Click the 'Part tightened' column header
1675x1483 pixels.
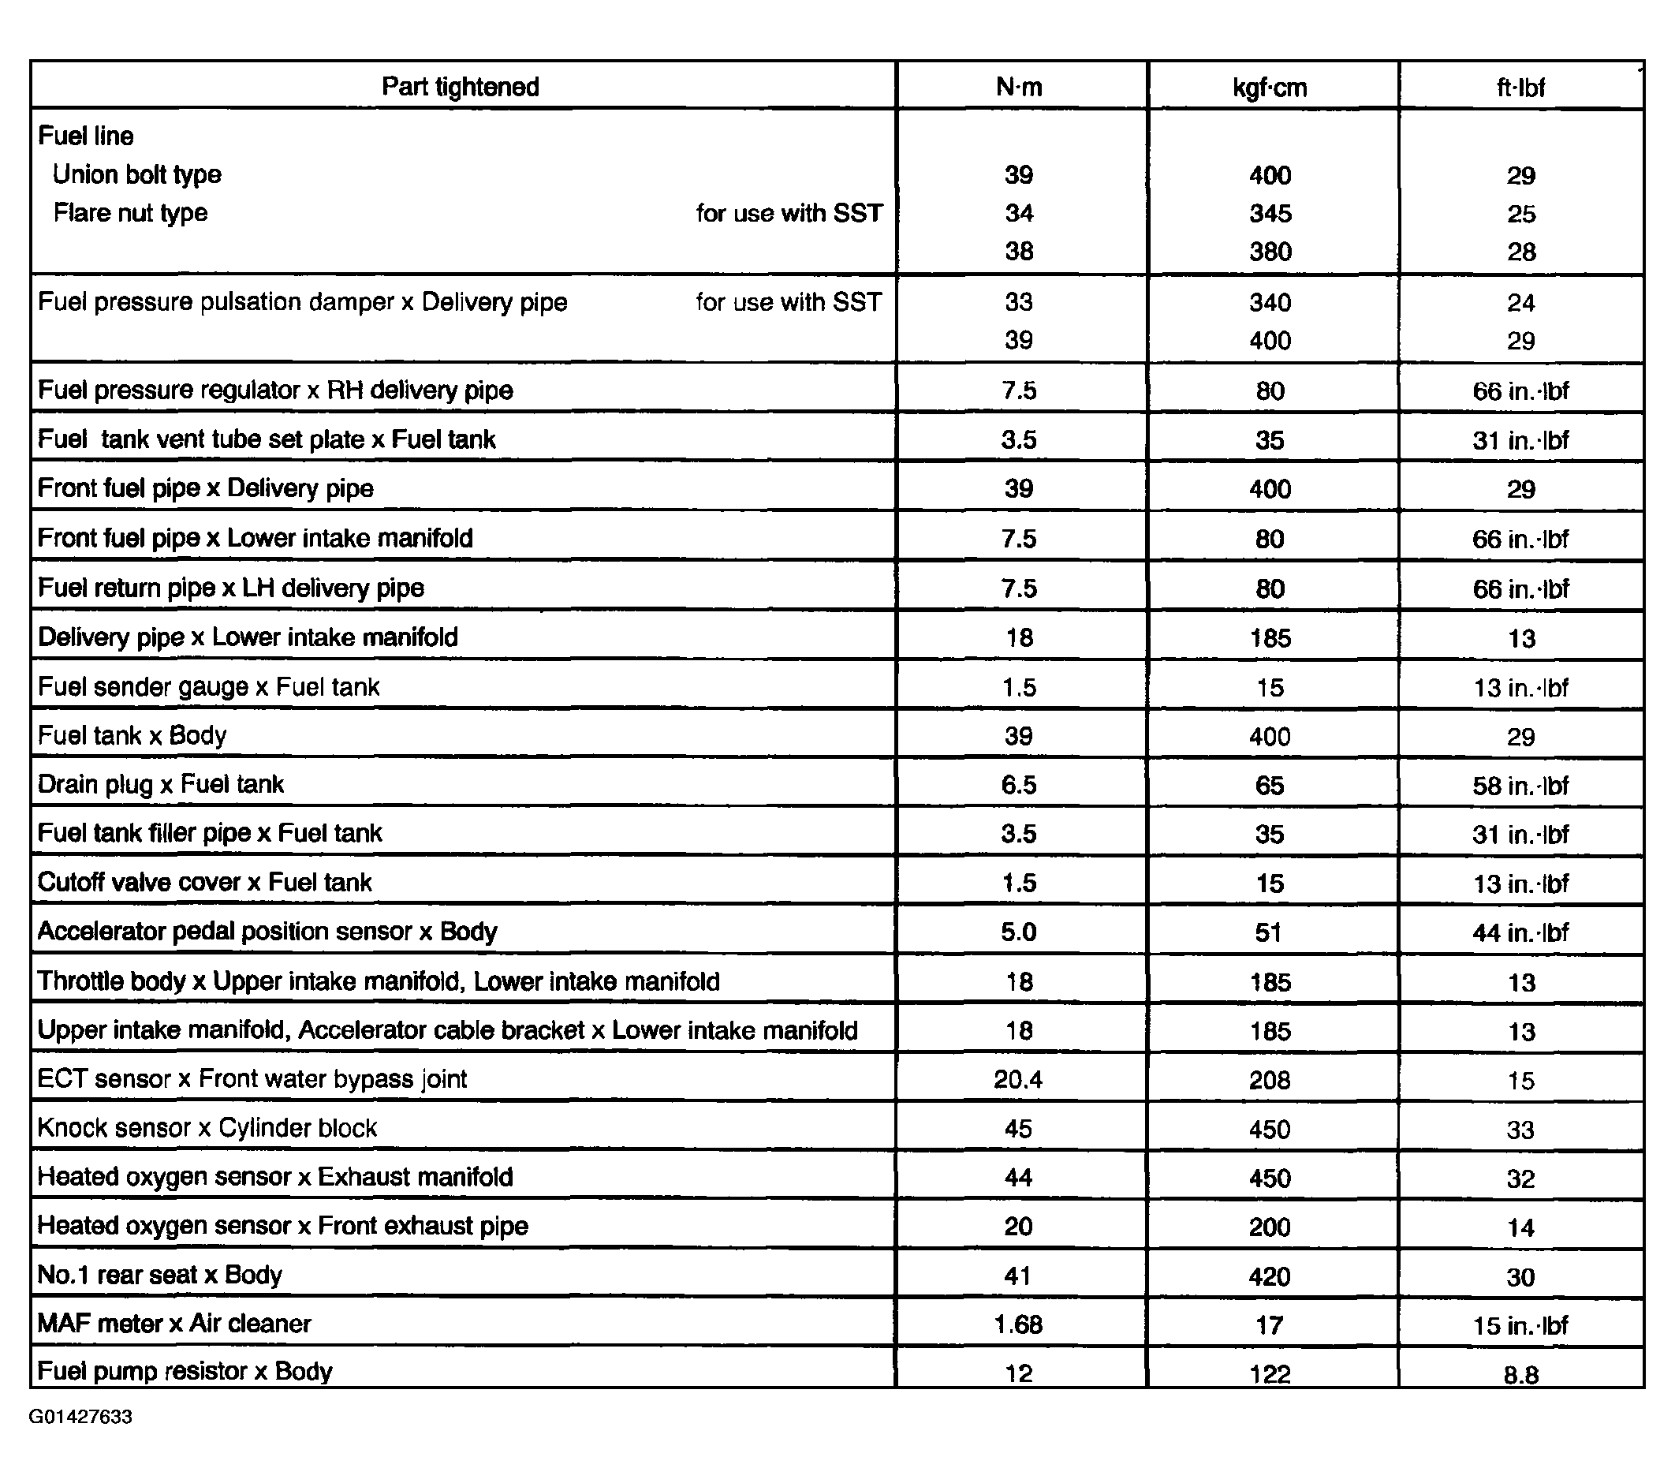[x=460, y=86]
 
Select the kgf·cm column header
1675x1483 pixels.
[x=1270, y=87]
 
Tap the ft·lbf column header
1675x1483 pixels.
[x=1520, y=87]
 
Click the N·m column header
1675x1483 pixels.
[x=1019, y=86]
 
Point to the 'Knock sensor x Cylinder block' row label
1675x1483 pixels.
[x=207, y=1127]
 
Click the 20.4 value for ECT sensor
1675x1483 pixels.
[x=1018, y=1079]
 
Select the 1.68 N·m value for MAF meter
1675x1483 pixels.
[x=1018, y=1324]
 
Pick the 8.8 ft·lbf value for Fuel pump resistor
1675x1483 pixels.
[x=1520, y=1374]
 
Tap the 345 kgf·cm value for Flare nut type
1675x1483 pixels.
[x=1270, y=213]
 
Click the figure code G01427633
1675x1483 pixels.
[x=80, y=1417]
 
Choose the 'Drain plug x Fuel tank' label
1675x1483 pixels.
[x=161, y=784]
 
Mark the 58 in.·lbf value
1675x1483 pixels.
[x=1520, y=785]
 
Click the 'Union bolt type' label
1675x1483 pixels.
[x=137, y=174]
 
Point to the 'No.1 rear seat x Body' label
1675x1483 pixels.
[x=160, y=1275]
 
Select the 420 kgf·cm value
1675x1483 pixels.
[x=1270, y=1276]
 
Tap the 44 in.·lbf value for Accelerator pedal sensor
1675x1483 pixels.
[x=1520, y=932]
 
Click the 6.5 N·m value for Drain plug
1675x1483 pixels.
[x=1019, y=785]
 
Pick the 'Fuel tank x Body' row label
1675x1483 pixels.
[x=132, y=735]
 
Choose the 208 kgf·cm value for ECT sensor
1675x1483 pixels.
[x=1270, y=1080]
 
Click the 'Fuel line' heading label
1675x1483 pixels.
[x=86, y=135]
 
